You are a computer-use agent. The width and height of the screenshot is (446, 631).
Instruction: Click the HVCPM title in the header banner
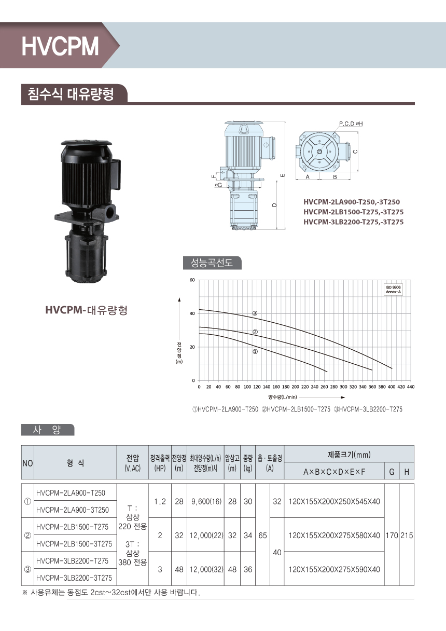pyautogui.click(x=60, y=46)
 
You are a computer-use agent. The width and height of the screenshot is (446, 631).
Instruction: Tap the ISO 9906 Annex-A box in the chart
pyautogui.click(x=393, y=290)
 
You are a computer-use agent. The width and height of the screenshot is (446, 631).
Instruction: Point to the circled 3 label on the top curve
pyautogui.click(x=255, y=313)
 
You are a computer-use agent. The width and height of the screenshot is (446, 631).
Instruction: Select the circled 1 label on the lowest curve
pyautogui.click(x=255, y=351)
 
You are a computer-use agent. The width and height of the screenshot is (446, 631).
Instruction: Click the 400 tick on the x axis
pyautogui.click(x=392, y=387)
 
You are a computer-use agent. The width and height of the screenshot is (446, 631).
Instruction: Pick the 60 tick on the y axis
pyautogui.click(x=192, y=280)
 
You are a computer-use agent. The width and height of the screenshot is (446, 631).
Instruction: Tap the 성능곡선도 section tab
pyautogui.click(x=212, y=263)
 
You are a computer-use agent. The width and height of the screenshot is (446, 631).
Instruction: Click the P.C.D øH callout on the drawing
pyautogui.click(x=351, y=124)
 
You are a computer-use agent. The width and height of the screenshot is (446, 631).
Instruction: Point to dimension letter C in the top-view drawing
pyautogui.click(x=355, y=152)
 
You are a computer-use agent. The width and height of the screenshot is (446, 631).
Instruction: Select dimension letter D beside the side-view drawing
pyautogui.click(x=274, y=205)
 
